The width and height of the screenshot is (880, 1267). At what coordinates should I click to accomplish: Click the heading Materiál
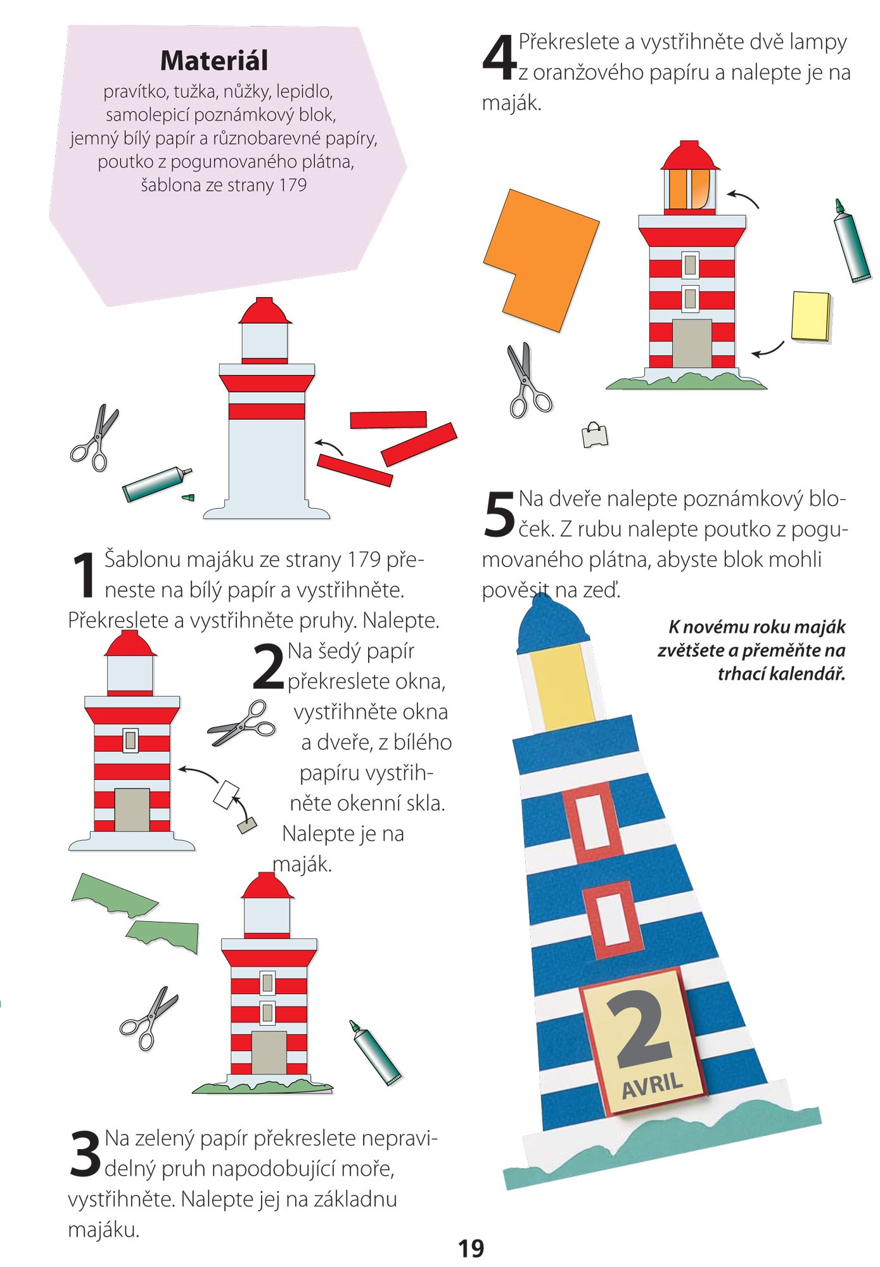[x=214, y=61]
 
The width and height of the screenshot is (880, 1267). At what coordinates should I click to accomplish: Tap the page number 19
[x=471, y=1248]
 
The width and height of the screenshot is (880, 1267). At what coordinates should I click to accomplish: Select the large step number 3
[x=85, y=1154]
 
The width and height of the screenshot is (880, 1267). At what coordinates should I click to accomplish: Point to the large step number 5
[x=499, y=514]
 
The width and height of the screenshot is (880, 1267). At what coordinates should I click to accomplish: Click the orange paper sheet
[x=541, y=260]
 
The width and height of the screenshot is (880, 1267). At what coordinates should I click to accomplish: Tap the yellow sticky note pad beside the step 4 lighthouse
[x=810, y=316]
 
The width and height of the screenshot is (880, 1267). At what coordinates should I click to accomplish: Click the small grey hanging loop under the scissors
[x=595, y=435]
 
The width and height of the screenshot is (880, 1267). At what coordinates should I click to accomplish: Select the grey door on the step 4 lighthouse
[x=691, y=343]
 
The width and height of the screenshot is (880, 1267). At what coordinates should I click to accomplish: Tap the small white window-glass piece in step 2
[x=226, y=794]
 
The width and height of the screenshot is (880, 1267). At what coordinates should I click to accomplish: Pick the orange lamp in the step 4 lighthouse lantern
[x=679, y=189]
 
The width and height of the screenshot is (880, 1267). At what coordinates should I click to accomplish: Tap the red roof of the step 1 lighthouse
[x=265, y=311]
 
